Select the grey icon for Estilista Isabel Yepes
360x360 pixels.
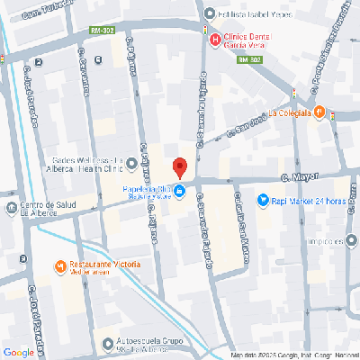pyautogui.click(x=209, y=13)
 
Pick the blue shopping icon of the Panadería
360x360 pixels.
pyautogui.click(x=180, y=192)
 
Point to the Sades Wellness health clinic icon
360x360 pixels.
pyautogui.click(x=132, y=163)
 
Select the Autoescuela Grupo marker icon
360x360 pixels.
pyautogui.click(x=109, y=343)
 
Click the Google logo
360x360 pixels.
pyautogui.click(x=18, y=352)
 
